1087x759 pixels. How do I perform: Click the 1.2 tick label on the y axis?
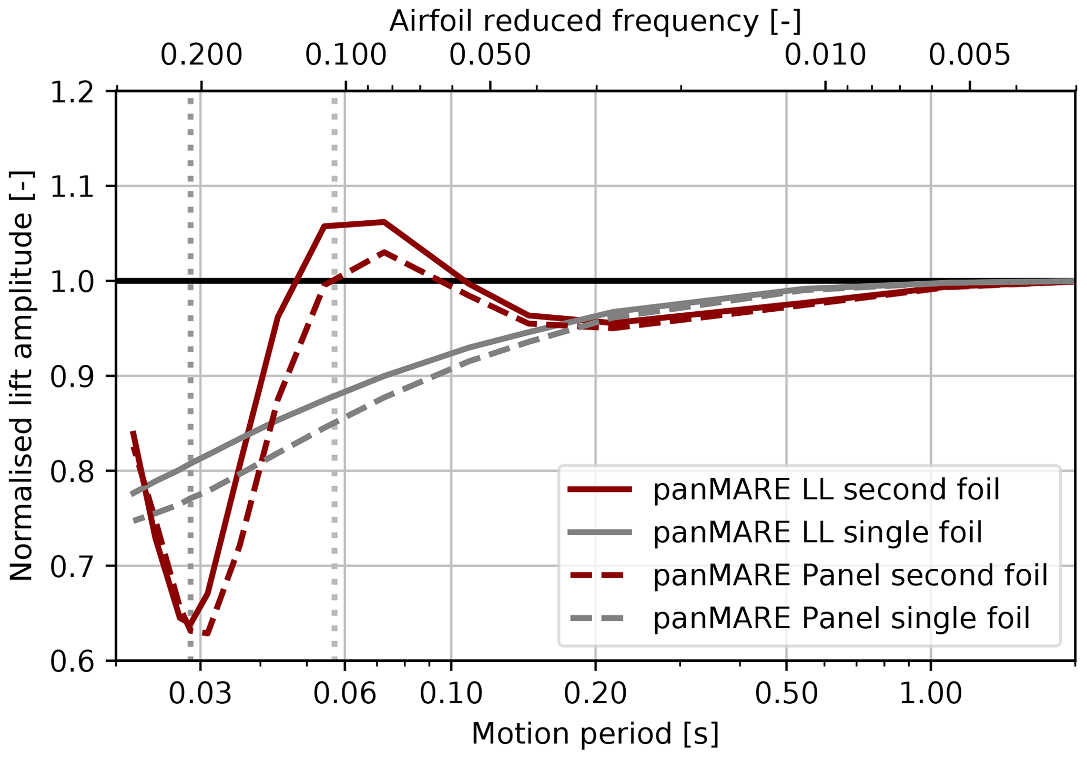click(72, 93)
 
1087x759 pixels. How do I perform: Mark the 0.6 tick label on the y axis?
click(72, 661)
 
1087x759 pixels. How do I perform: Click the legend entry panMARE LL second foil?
click(826, 490)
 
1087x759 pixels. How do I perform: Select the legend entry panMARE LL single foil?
click(817, 532)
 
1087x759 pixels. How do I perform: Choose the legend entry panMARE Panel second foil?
click(850, 575)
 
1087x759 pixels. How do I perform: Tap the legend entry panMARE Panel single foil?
click(841, 618)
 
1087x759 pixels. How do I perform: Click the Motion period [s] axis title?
click(595, 734)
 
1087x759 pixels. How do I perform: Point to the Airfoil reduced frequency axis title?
click(595, 22)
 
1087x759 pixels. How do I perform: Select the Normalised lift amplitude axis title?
click(22, 376)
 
